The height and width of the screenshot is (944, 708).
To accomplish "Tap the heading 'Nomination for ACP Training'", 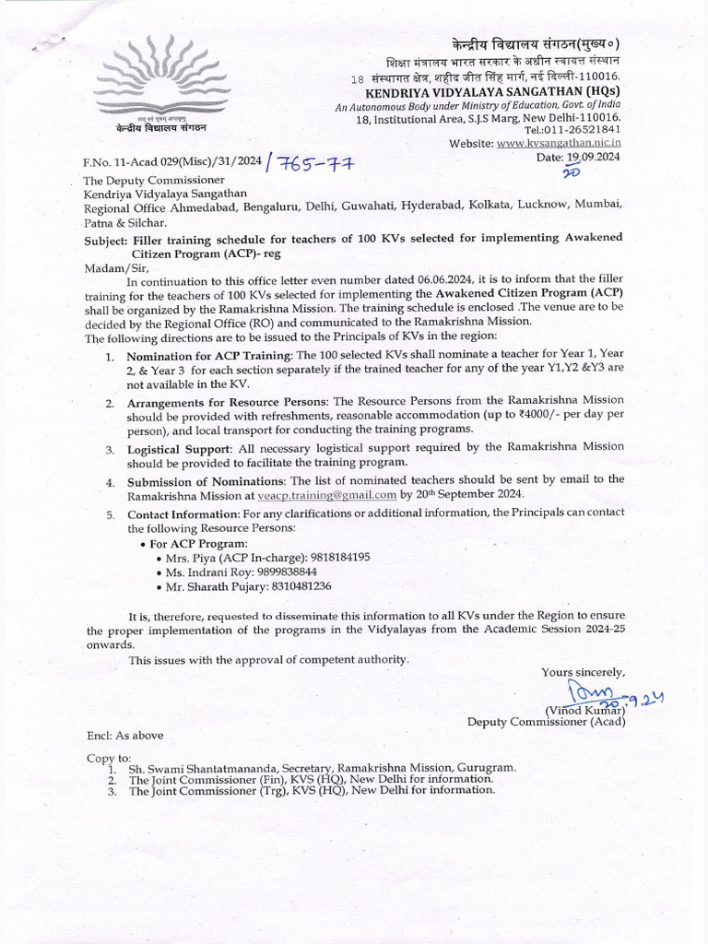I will (x=209, y=355).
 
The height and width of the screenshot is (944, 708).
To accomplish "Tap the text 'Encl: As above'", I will (x=125, y=736).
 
